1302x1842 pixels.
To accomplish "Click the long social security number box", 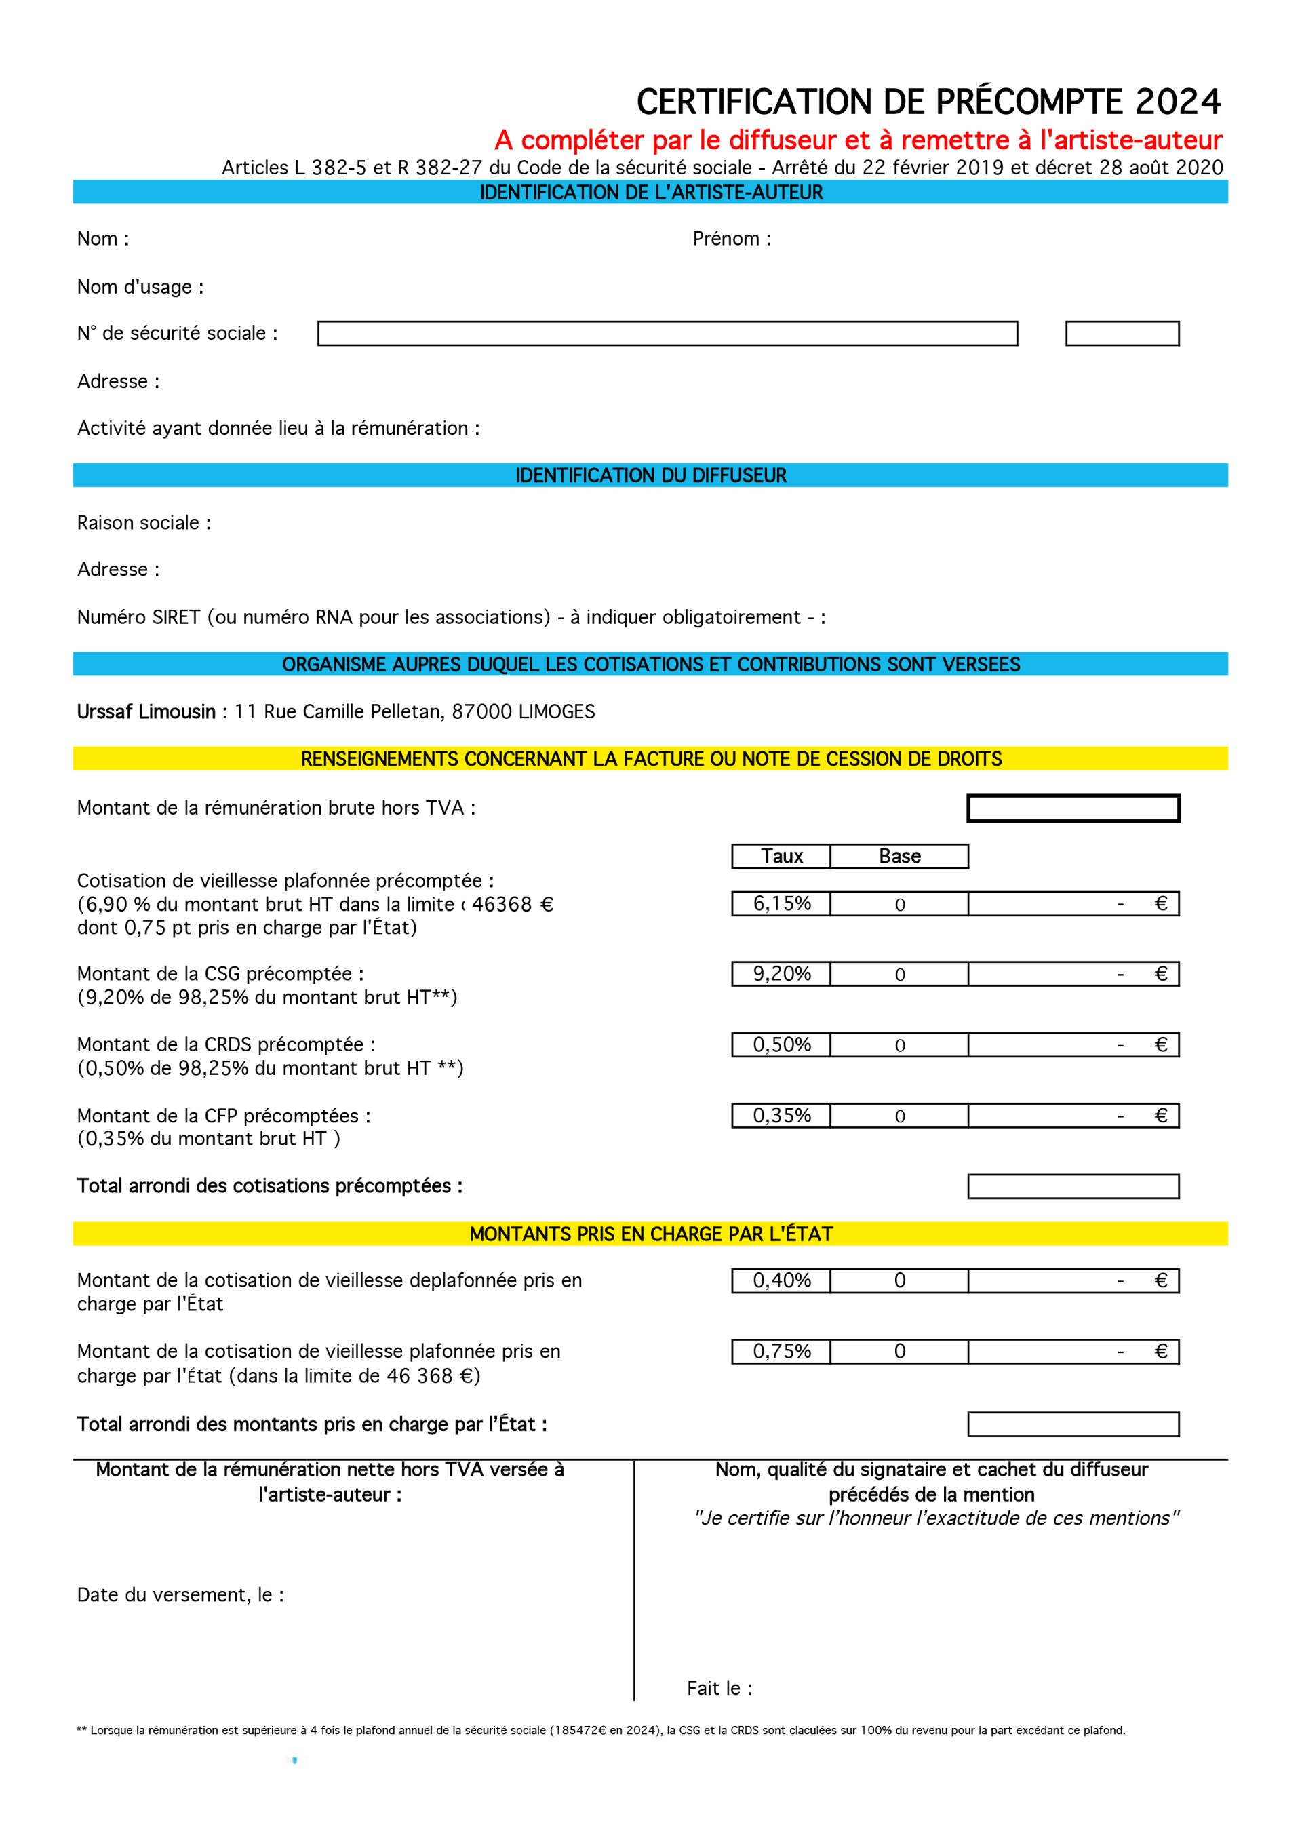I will [667, 333].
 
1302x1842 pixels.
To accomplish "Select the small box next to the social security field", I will [1122, 333].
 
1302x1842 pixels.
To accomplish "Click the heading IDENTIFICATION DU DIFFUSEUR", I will [650, 475].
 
